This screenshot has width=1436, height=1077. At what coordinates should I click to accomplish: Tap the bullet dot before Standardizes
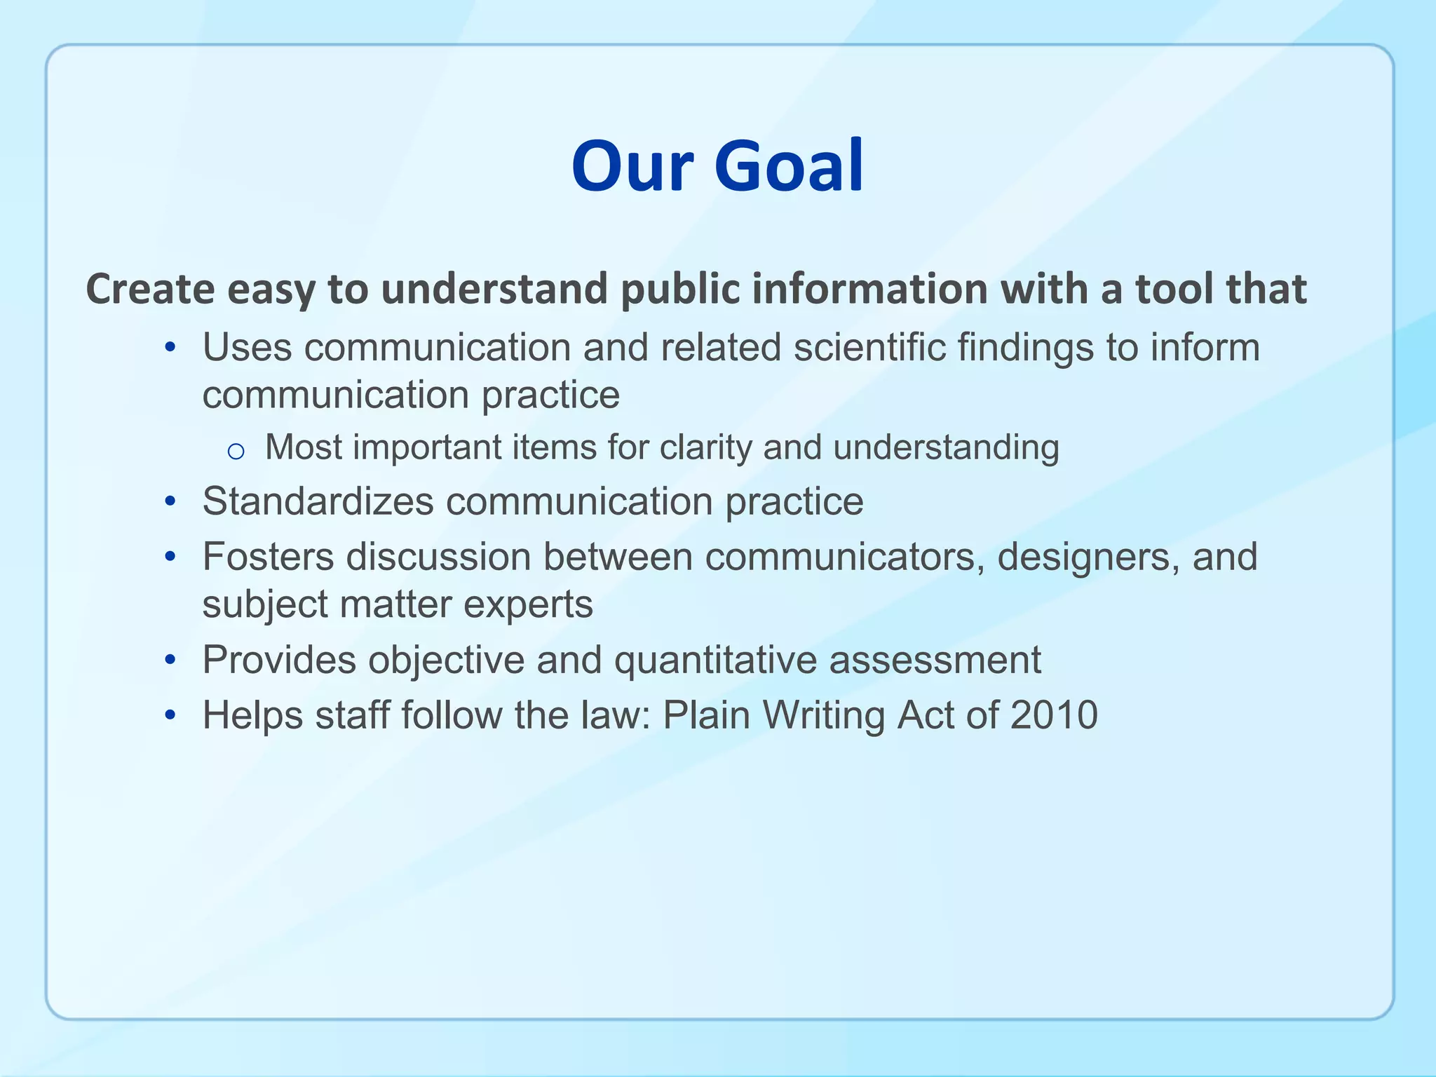tap(170, 502)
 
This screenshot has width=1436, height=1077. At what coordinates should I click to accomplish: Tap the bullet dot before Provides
tap(170, 661)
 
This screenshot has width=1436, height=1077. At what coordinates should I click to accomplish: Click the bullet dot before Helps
tap(170, 716)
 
